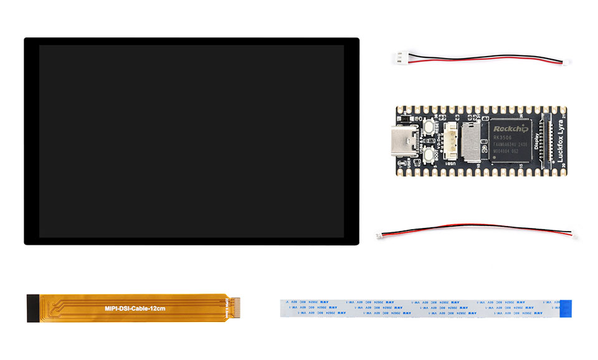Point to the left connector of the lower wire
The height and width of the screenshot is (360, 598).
(380, 235)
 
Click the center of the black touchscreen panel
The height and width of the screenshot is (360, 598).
(191, 141)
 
